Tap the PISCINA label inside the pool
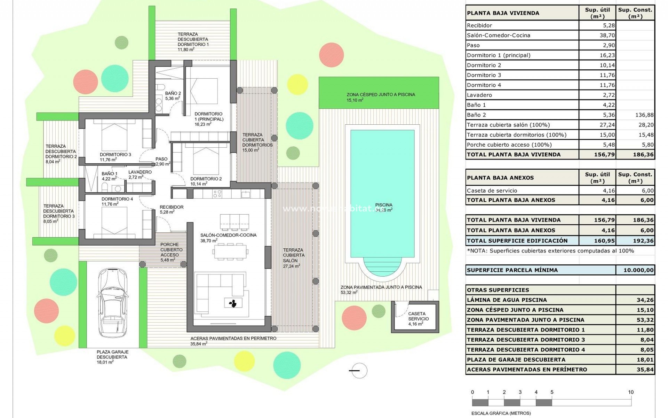click(x=384, y=205)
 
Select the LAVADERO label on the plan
click(x=140, y=172)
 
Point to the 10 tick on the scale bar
click(x=631, y=392)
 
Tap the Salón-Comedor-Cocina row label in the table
click(x=498, y=35)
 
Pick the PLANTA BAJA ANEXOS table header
click(x=500, y=178)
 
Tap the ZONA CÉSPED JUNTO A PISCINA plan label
click(x=381, y=94)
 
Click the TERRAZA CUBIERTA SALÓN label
click(x=293, y=255)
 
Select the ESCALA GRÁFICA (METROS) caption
click(x=501, y=413)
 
